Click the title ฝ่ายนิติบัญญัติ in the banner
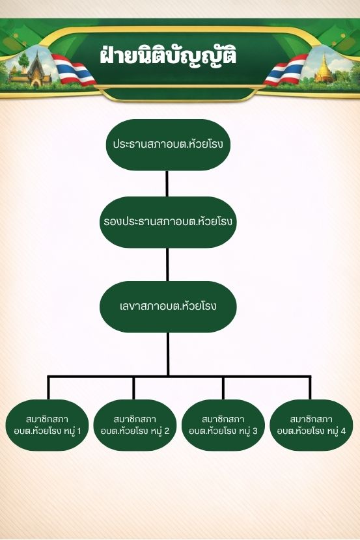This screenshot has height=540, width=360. [168, 56]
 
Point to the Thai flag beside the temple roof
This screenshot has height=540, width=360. [74, 70]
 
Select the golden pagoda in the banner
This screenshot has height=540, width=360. [324, 68]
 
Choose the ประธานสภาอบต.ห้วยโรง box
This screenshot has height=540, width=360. [168, 144]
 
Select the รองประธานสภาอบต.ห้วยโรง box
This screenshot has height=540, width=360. [168, 222]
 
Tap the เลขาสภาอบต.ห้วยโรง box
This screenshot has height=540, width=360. [168, 306]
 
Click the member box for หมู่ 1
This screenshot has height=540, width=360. [47, 425]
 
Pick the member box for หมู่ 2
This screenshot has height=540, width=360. [135, 425]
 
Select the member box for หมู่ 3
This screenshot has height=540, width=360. [223, 425]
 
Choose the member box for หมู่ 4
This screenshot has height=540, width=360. [311, 425]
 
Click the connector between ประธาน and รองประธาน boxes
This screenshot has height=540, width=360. [167, 183]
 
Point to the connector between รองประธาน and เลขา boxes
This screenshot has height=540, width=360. [167, 265]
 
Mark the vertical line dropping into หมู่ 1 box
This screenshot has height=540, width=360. [48, 388]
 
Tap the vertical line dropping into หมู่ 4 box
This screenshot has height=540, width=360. [310, 388]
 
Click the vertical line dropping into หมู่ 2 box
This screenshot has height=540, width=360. [133, 388]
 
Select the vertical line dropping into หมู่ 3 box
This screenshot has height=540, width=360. [223, 388]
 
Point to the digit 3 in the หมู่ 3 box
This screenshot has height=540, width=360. [255, 431]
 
